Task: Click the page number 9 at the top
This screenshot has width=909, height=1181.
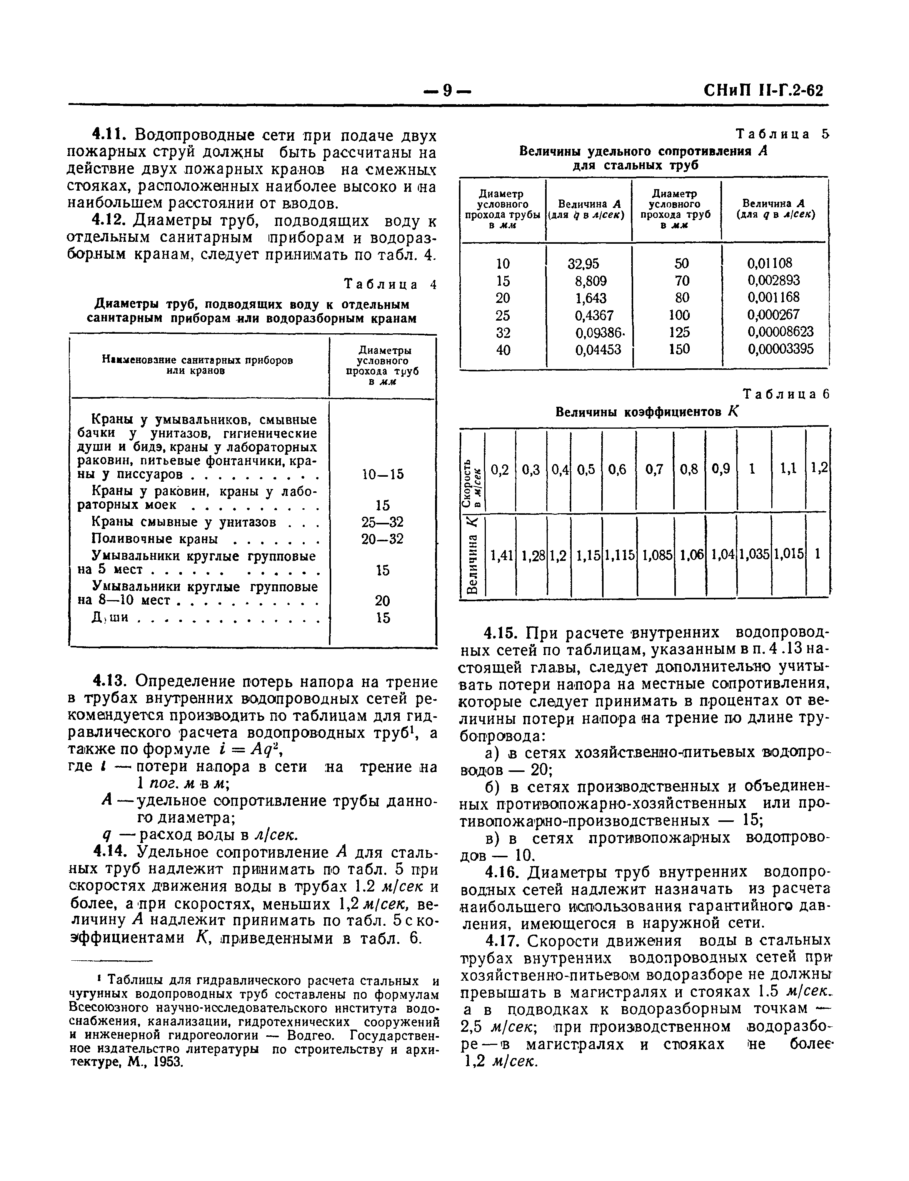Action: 447,90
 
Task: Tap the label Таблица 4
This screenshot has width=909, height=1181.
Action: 390,284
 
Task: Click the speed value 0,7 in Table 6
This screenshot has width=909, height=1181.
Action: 654,470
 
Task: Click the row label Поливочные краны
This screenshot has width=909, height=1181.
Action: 155,539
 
